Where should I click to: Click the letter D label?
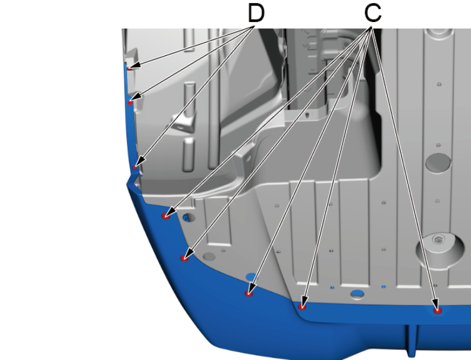[256, 13]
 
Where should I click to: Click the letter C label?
[373, 13]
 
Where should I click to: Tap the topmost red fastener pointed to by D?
[130, 68]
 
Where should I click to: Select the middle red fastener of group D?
[130, 103]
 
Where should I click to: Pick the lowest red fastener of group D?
[135, 167]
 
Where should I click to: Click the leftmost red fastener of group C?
[166, 216]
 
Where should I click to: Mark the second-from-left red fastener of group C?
[184, 258]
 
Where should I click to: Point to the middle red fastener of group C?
[249, 293]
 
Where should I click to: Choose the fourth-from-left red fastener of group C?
[302, 307]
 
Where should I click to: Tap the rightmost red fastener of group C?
[438, 311]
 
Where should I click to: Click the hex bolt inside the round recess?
[438, 240]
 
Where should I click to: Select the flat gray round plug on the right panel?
[438, 163]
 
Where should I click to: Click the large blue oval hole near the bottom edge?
[357, 293]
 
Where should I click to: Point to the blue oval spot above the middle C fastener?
[252, 277]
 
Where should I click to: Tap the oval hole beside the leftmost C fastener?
[189, 218]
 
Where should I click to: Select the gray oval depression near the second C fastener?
[209, 256]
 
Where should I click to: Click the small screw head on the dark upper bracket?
[307, 114]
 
